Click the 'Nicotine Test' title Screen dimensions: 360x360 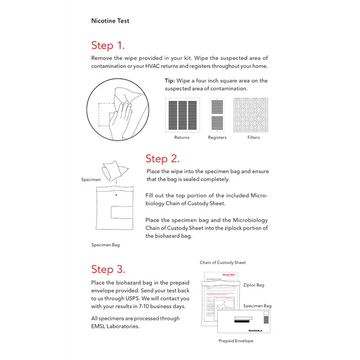tap(110, 21)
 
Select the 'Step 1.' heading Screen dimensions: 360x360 tap(108, 45)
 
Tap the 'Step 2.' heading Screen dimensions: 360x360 tap(162, 159)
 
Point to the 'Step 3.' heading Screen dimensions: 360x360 tap(108, 269)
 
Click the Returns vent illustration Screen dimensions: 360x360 tap(182, 115)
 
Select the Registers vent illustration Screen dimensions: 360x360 tap(217, 115)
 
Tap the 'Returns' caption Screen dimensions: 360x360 tap(182, 137)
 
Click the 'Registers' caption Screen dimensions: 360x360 tap(217, 137)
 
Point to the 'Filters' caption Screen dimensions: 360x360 tap(254, 137)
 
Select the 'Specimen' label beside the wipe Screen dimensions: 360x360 tap(91, 180)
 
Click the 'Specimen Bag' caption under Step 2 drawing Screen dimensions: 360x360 tap(105, 245)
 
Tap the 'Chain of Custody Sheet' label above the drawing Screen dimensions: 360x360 tap(223, 262)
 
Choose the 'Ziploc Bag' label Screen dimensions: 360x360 tap(253, 285)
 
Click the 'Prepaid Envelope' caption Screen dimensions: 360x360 tap(236, 341)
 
